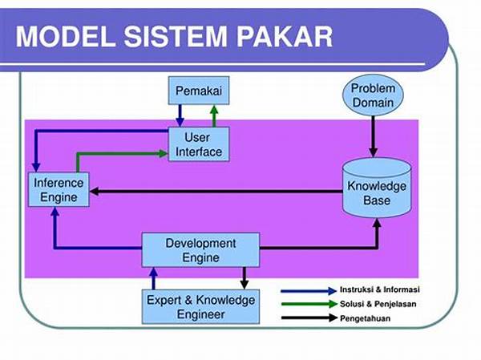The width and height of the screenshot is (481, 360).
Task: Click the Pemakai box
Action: (x=199, y=91)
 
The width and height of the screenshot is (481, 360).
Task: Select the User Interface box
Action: (x=199, y=144)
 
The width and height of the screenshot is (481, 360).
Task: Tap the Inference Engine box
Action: (x=59, y=190)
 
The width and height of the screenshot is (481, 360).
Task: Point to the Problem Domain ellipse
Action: (x=373, y=95)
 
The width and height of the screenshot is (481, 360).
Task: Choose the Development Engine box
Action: (x=200, y=250)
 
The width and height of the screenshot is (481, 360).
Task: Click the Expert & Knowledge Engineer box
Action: (x=200, y=306)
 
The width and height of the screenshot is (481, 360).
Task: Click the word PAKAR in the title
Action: (x=285, y=37)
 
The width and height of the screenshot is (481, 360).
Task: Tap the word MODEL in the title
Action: (x=66, y=37)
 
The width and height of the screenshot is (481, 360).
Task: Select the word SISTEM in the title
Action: (x=176, y=37)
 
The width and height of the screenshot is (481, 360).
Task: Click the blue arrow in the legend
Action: (x=309, y=291)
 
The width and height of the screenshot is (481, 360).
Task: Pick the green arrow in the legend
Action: (x=309, y=304)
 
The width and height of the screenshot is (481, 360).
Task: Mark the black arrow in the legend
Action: (x=309, y=318)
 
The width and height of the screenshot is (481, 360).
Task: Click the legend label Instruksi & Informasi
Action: (x=380, y=289)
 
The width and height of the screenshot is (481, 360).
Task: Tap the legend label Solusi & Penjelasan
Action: (x=378, y=304)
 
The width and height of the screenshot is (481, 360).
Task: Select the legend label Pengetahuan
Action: (x=365, y=318)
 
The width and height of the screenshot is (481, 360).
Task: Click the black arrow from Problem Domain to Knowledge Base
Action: (x=373, y=136)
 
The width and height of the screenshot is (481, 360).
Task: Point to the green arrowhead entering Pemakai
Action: (x=214, y=110)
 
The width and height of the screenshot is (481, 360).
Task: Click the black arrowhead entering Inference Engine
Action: (x=94, y=191)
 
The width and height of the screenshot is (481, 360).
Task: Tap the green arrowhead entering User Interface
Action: (x=164, y=153)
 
